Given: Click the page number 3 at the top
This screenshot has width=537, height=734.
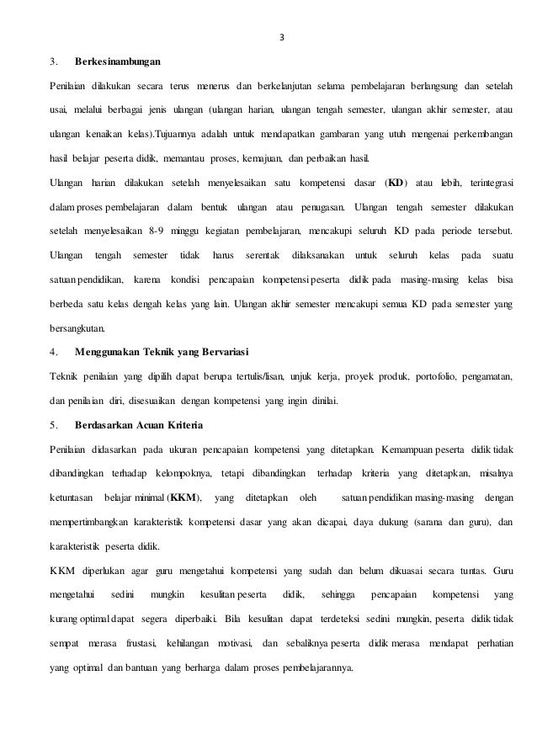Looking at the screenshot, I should (282, 37).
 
